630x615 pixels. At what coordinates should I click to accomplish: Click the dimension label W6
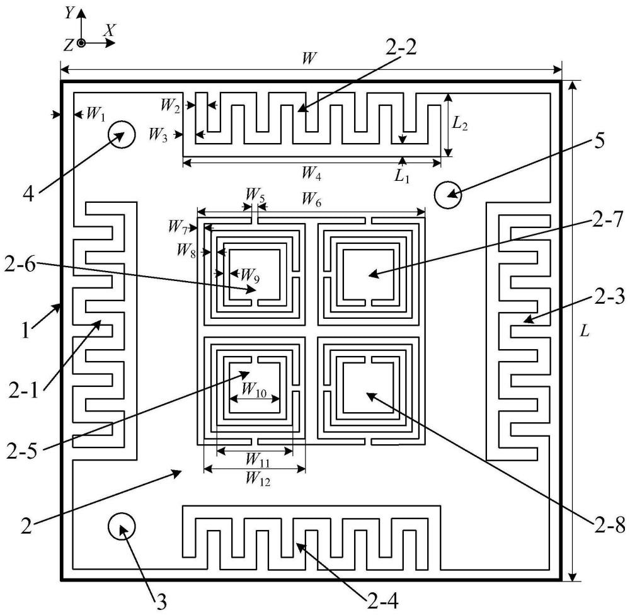(x=311, y=200)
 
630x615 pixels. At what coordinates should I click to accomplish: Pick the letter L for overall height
(x=585, y=331)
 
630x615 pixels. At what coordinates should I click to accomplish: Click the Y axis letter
(x=69, y=13)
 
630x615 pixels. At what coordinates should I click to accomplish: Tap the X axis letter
(x=110, y=30)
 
